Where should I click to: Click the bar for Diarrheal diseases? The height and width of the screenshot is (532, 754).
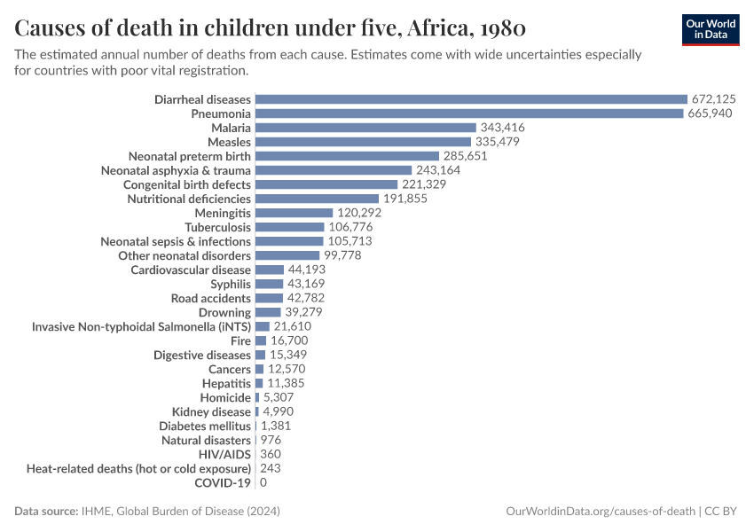(x=471, y=99)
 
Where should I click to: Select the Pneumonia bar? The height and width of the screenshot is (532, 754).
(x=469, y=113)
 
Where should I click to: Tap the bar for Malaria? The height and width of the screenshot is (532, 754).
(x=365, y=128)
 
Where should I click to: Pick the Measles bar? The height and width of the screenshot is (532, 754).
(x=363, y=142)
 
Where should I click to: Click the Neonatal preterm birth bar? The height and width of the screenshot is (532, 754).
(x=347, y=156)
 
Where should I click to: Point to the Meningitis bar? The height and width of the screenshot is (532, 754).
(x=294, y=213)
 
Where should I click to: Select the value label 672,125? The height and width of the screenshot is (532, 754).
(x=714, y=99)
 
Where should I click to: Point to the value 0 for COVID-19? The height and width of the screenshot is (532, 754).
(x=263, y=482)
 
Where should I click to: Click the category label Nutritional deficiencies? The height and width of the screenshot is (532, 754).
(x=189, y=199)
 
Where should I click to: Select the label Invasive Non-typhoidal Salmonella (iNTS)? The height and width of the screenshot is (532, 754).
(x=141, y=326)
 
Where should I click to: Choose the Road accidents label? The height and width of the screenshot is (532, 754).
(x=211, y=298)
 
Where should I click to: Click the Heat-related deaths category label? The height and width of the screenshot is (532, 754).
(x=138, y=468)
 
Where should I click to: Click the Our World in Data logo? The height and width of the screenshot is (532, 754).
(x=711, y=29)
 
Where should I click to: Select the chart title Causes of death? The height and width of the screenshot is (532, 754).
(x=271, y=27)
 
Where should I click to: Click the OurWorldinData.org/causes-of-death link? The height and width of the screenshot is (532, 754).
(x=600, y=512)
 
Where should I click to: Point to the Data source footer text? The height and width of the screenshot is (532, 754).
(x=147, y=512)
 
